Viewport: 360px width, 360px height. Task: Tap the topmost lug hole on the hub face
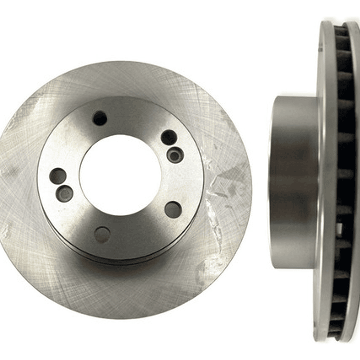pos(100,118)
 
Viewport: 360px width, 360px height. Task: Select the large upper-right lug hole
pos(169,137)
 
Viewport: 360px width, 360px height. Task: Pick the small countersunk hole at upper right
pos(175,155)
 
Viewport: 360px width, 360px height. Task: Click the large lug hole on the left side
pos(58,176)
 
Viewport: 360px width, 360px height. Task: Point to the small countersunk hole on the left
pos(65,193)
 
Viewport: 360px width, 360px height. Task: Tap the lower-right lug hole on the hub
pos(173,209)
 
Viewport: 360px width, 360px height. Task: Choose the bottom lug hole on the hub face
pos(102,234)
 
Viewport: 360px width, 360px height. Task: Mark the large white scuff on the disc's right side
pos(220,185)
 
